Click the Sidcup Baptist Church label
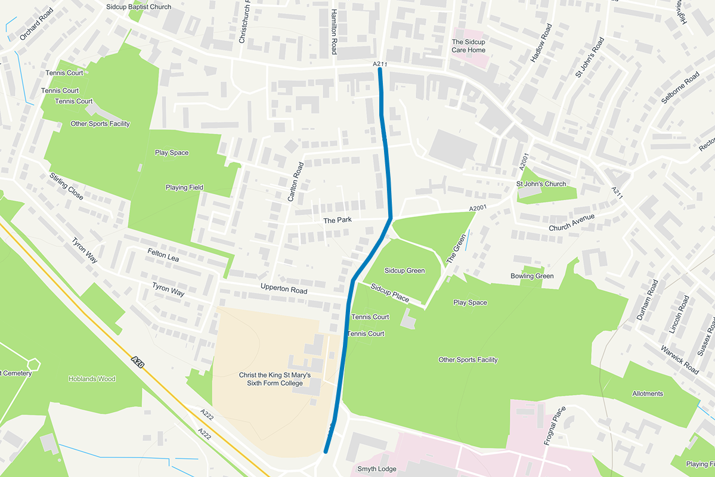pos(138,7)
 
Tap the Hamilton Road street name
pos(335,32)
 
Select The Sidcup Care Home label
pos(468,46)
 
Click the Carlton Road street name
pos(296,182)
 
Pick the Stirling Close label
pos(66,186)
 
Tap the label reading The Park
pos(338,220)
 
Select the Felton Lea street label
pos(163,256)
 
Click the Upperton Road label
pos(283,290)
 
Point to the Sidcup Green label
pos(404,271)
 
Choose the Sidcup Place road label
pos(389,292)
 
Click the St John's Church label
pos(541,184)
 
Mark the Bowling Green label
pos(532,276)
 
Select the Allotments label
pos(648,394)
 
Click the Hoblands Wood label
pos(92,379)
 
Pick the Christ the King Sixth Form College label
pos(275,379)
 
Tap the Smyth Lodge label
pos(376,469)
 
